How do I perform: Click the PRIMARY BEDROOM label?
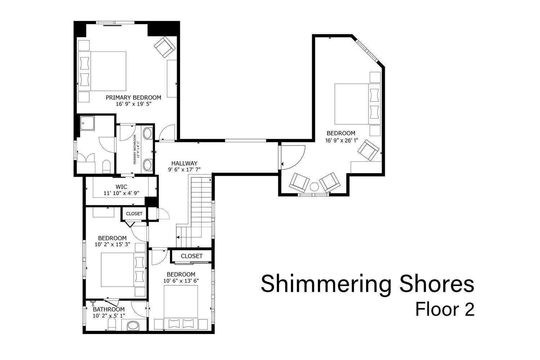[133, 98]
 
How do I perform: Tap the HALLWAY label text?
[184, 163]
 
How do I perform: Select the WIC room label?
[121, 186]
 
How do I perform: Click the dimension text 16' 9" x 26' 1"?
[341, 140]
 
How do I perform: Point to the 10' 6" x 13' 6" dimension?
[181, 281]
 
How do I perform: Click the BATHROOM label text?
[109, 309]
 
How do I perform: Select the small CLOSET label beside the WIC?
[134, 213]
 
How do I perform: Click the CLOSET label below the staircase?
[192, 256]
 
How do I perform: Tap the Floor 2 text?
[445, 309]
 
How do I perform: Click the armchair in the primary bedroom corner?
[165, 47]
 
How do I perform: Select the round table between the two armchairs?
[314, 187]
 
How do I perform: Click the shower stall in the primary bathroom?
[87, 123]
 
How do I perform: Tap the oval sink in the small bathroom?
[133, 326]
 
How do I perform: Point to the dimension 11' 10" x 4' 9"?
[121, 193]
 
